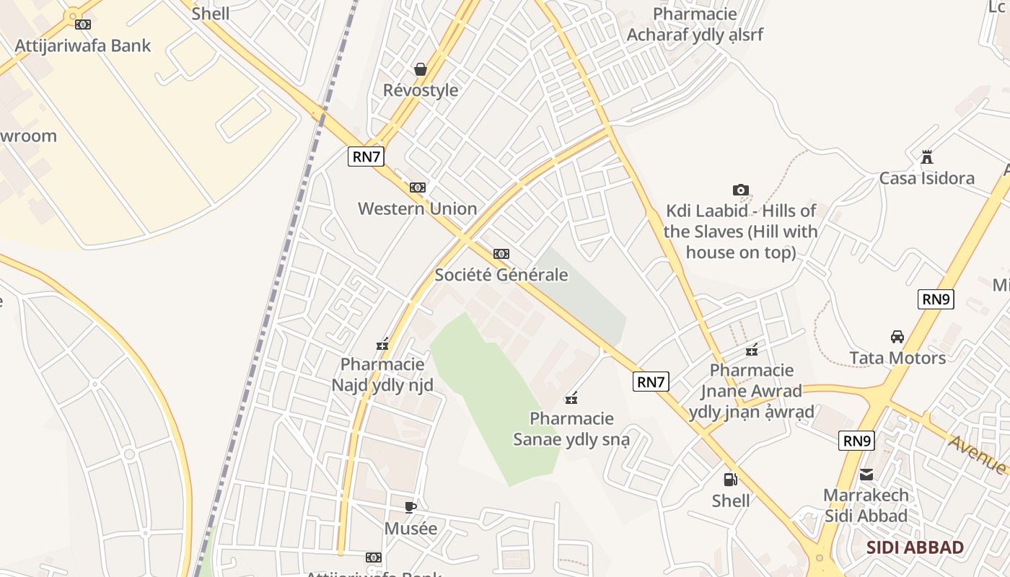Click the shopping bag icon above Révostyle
421,69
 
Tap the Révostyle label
421,90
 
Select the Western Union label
418,208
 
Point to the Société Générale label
501,275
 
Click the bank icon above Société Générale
501,254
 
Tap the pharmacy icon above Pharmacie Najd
382,345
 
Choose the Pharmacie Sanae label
571,428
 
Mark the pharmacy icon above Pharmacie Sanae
571,398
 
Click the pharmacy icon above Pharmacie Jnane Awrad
752,351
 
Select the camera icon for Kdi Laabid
740,190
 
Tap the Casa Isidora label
926,178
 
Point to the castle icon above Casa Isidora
927,157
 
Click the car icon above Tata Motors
897,337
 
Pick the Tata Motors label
897,358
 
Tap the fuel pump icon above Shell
730,480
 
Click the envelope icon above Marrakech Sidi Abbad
866,475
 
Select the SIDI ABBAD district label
915,547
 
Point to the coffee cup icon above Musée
410,508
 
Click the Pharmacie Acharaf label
694,25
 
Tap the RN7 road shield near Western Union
366,157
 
